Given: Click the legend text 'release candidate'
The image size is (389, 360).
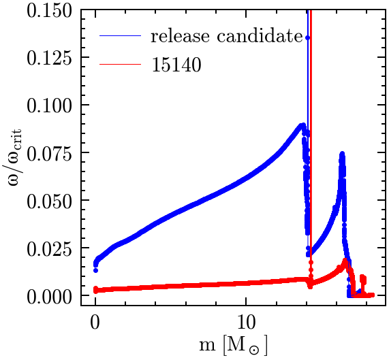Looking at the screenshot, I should click(x=226, y=36).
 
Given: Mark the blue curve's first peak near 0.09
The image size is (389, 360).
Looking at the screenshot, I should click(x=302, y=125).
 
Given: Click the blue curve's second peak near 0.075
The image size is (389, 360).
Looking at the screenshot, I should click(x=342, y=154).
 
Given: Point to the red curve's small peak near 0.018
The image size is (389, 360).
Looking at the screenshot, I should click(x=345, y=261).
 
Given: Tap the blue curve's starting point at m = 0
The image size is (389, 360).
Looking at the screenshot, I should click(x=95, y=263).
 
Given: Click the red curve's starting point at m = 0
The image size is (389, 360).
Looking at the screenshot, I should click(x=95, y=290).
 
